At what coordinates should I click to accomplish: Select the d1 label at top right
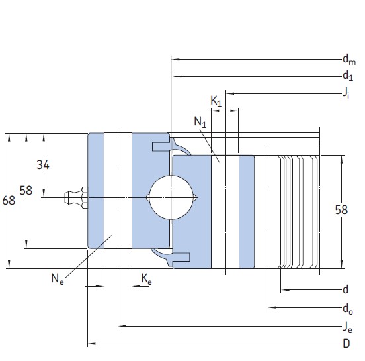[x=347, y=76]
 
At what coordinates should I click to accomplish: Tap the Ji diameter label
[x=346, y=93]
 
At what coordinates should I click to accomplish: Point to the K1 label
[x=216, y=101]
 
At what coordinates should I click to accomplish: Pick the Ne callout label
[x=58, y=279]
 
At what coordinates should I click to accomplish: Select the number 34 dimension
[x=43, y=165]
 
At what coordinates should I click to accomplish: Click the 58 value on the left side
[x=26, y=191]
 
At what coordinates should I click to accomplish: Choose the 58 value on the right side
[x=341, y=210]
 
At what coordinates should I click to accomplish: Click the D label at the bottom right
[x=346, y=344]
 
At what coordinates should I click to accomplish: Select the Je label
[x=346, y=326]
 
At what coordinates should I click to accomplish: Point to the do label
[x=347, y=308]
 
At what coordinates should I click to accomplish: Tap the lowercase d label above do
[x=346, y=290]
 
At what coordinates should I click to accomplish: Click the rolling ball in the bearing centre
[x=170, y=197]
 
